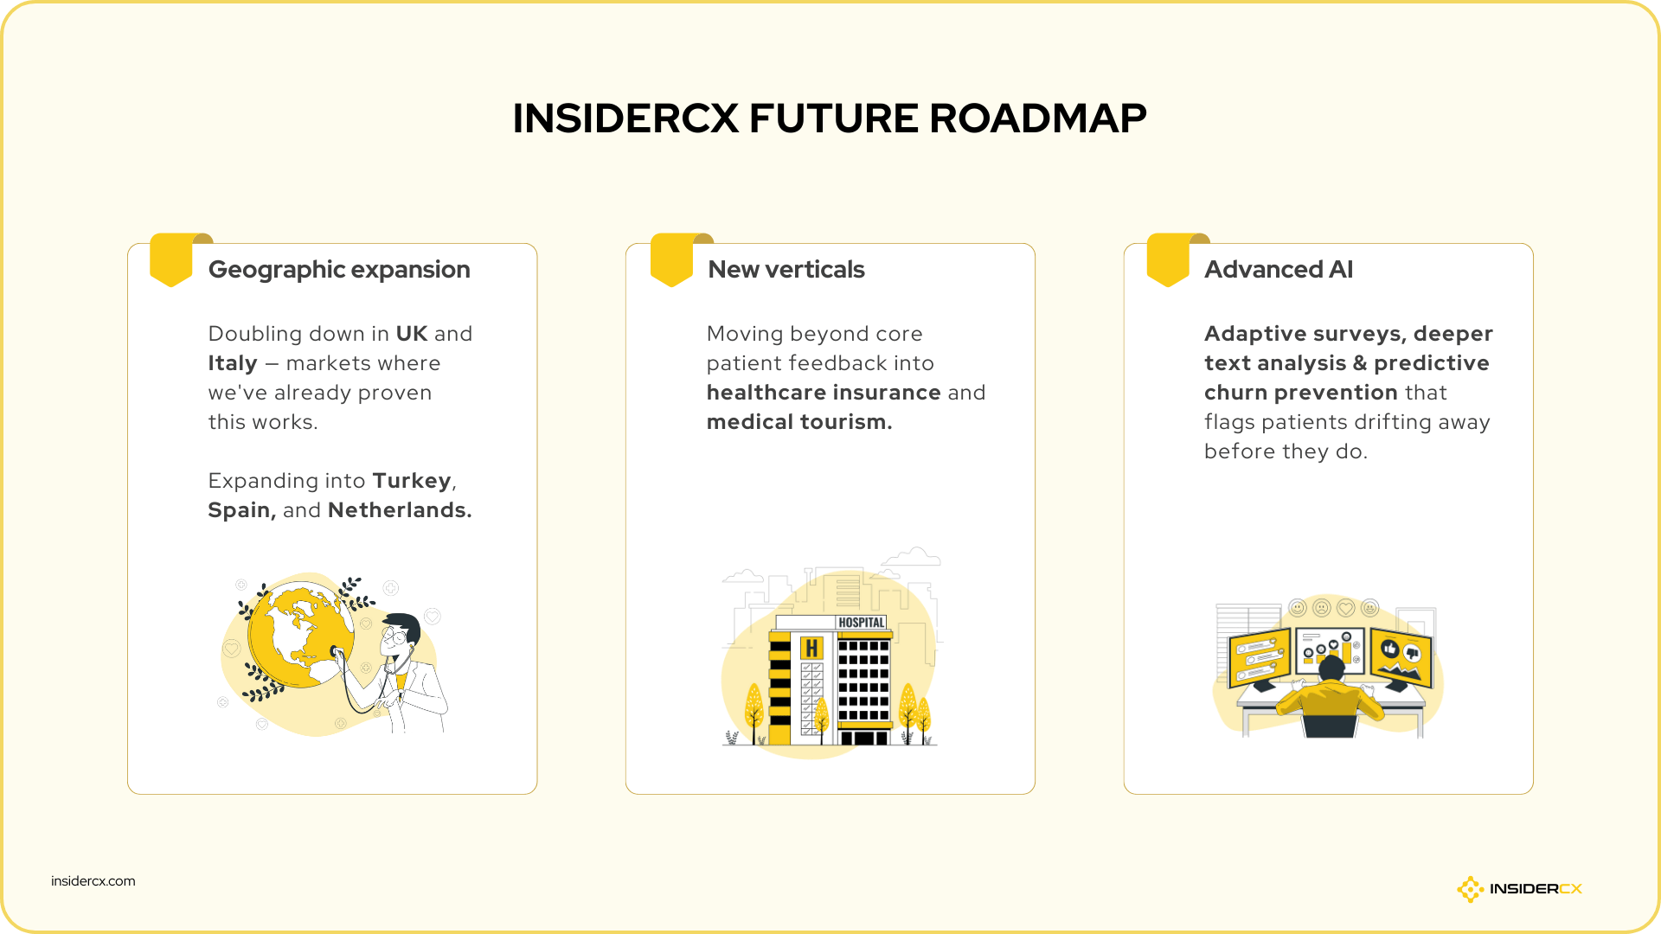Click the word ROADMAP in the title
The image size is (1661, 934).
1037,118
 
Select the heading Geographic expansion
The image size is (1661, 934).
339,270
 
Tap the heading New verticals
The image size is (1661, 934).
786,270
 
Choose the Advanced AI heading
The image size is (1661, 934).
1278,270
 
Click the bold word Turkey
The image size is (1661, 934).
412,481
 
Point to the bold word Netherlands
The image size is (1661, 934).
399,510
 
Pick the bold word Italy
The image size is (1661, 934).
233,363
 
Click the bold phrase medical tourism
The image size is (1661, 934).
798,422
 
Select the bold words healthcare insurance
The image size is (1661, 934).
824,393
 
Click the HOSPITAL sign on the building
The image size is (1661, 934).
861,623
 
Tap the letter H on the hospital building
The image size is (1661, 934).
811,648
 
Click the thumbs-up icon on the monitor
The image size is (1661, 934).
1390,648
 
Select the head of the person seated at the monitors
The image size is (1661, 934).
1331,669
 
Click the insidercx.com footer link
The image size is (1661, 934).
93,881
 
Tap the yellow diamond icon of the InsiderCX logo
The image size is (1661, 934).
1470,889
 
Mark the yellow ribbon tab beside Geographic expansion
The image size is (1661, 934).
171,259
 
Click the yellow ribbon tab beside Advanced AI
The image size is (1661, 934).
1168,259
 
